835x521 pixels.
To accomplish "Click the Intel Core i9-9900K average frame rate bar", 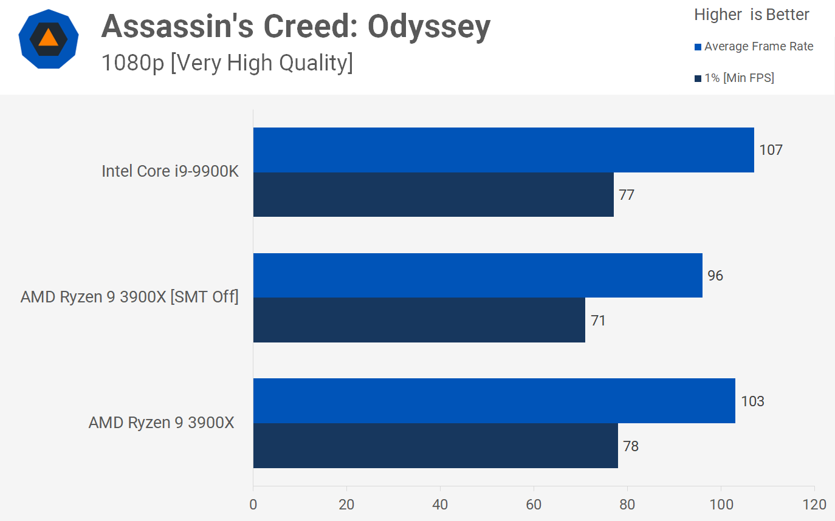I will [x=503, y=150].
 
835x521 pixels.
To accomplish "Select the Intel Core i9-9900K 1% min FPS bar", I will [x=433, y=195].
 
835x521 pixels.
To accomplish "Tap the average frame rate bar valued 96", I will [x=478, y=276].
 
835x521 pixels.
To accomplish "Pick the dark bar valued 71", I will [x=419, y=320].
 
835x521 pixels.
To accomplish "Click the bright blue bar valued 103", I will [x=494, y=401].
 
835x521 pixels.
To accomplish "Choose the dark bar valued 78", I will [x=435, y=446].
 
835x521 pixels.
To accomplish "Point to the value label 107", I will [x=771, y=150].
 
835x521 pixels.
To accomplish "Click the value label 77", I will [x=627, y=195].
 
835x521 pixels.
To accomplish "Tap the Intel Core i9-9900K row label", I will [x=170, y=172].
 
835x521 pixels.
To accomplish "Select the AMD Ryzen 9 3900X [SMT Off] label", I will [x=129, y=298].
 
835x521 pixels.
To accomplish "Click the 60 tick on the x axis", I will [x=534, y=505].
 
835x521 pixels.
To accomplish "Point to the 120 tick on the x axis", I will [x=814, y=505].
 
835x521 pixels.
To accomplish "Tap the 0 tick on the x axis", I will [x=253, y=505].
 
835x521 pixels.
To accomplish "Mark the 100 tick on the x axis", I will [x=721, y=505].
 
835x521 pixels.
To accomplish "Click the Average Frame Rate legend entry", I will [x=758, y=47].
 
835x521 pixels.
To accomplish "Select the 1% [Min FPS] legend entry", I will [x=738, y=78].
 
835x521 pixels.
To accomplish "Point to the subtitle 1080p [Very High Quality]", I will [x=227, y=63].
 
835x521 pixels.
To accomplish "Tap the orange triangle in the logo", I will [x=48, y=38].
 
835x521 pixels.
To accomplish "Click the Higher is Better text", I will [x=751, y=15].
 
